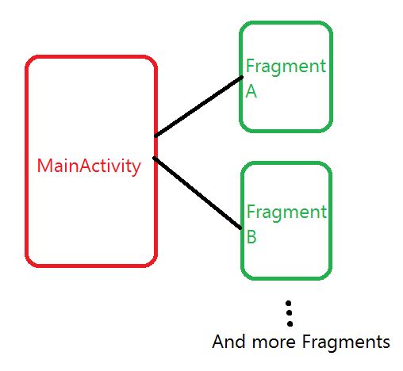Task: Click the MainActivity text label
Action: click(89, 166)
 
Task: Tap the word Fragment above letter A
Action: click(286, 67)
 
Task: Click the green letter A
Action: click(251, 91)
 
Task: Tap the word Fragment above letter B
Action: click(286, 212)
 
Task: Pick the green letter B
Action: click(251, 237)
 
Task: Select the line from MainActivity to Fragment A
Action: click(198, 106)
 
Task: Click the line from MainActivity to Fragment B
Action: click(198, 193)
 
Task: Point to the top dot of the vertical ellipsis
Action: click(290, 304)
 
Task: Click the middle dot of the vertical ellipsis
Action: click(290, 314)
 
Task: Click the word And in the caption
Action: click(228, 342)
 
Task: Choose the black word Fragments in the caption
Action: click(347, 342)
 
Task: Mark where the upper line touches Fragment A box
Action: click(241, 78)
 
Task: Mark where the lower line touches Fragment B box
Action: click(241, 228)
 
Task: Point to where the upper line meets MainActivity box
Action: click(155, 136)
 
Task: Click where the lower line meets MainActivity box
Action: click(155, 159)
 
